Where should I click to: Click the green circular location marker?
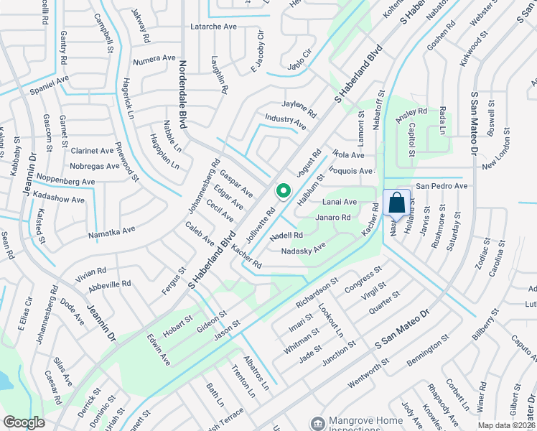coord(283,191)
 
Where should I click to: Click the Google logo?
coord(24,422)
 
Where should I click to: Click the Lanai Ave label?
coord(340,203)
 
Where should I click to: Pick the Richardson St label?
coord(317,294)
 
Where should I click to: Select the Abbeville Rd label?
coord(109,284)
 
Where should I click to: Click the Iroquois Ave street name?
coord(351,171)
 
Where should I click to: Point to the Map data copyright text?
coord(507,425)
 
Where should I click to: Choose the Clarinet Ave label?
coord(92,151)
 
